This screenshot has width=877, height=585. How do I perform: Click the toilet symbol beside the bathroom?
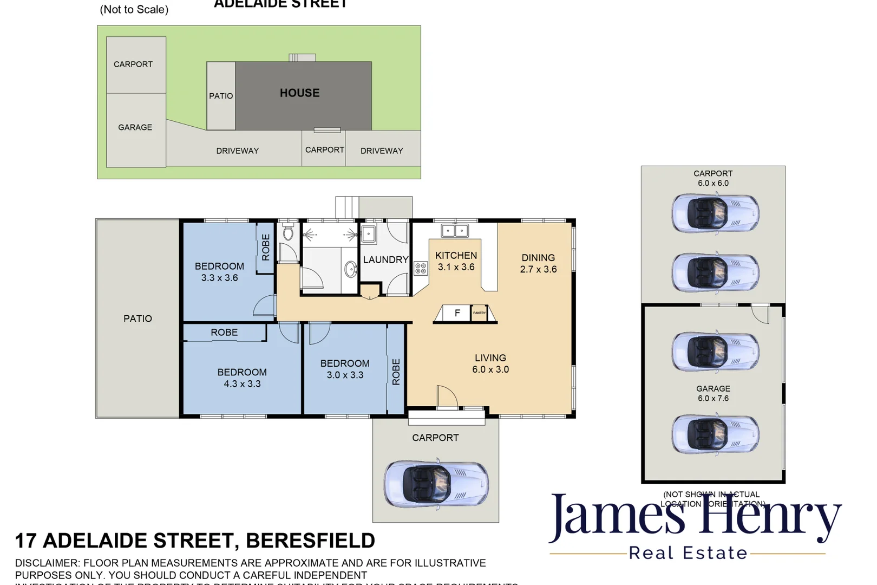[288, 233]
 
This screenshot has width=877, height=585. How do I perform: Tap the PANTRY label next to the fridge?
[479, 313]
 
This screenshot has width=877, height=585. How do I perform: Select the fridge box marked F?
[457, 313]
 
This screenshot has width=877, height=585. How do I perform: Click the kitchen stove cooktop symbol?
[421, 268]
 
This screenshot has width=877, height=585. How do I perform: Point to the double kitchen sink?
[455, 231]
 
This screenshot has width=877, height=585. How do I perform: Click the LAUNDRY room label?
[385, 260]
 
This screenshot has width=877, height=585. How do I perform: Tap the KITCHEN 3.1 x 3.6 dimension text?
[456, 267]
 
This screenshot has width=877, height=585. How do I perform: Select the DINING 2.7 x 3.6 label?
[538, 263]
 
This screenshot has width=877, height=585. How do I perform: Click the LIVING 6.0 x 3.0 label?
[490, 363]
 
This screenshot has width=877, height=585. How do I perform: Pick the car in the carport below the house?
[436, 484]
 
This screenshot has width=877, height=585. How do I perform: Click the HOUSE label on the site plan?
[299, 93]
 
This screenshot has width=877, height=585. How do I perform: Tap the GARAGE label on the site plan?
[135, 127]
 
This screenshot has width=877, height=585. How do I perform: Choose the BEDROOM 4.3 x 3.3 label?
[242, 378]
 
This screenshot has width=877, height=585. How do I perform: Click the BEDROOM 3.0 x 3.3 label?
[345, 369]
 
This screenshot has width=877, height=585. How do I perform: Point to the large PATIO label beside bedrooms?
[138, 318]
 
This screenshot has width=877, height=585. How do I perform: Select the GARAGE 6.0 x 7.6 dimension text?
[713, 398]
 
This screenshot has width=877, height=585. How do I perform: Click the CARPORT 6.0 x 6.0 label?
[713, 178]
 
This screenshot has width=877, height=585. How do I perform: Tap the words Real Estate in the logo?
[688, 553]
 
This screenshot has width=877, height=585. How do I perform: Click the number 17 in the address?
[25, 541]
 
